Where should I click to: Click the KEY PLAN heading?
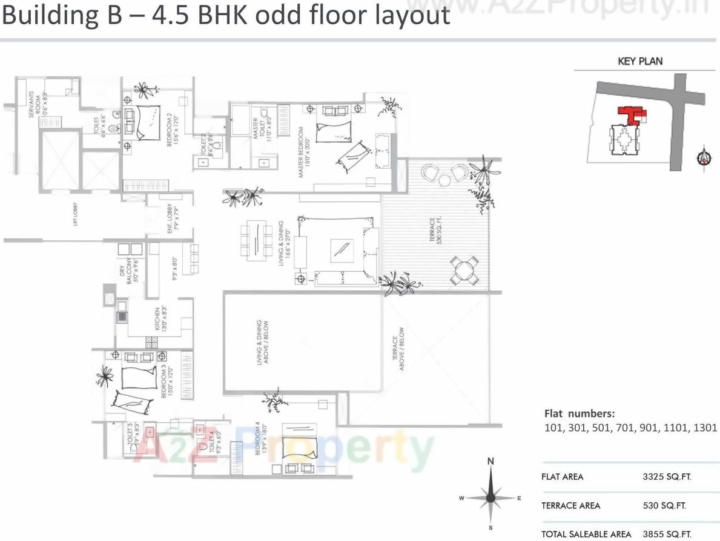tap(640, 61)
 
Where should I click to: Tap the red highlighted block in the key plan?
tap(630, 114)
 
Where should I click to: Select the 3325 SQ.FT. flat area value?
tap(667, 477)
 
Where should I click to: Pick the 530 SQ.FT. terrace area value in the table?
tap(664, 505)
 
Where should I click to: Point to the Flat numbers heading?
tap(580, 414)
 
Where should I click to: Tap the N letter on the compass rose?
tap(491, 462)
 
